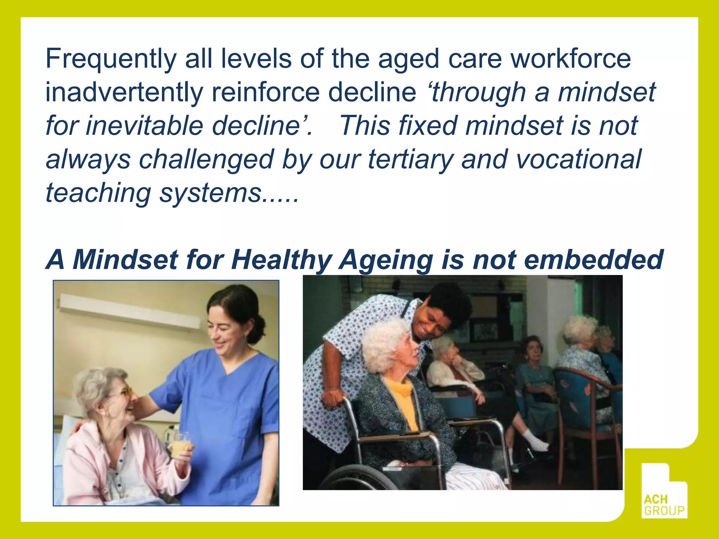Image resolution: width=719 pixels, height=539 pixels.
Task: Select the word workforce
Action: (570, 59)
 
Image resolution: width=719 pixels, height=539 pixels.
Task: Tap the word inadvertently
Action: (124, 93)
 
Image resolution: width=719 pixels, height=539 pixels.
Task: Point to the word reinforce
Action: (265, 93)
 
